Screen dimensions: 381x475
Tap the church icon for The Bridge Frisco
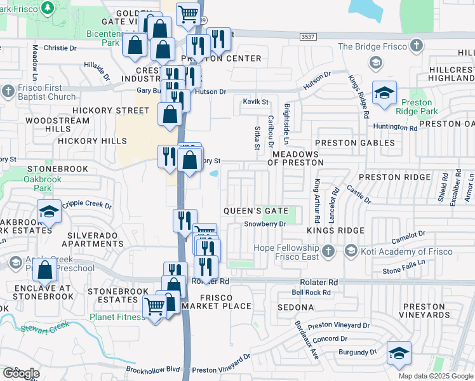(x=416, y=46)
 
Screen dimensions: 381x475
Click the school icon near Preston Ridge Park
(x=384, y=93)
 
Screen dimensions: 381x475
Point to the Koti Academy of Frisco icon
(x=351, y=251)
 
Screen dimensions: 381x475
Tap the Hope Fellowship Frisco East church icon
(x=328, y=251)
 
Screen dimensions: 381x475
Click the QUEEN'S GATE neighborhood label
(x=256, y=211)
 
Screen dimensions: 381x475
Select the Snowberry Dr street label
(x=265, y=224)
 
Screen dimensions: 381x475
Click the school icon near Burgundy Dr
(x=399, y=354)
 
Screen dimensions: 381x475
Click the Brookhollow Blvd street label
(x=153, y=369)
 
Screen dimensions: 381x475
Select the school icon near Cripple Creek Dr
(x=49, y=211)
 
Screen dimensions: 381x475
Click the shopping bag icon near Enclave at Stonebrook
(x=46, y=271)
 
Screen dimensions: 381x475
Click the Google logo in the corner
(x=21, y=373)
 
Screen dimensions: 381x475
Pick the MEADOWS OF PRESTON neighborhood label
(x=294, y=159)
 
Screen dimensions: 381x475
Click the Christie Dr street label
(x=60, y=48)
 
